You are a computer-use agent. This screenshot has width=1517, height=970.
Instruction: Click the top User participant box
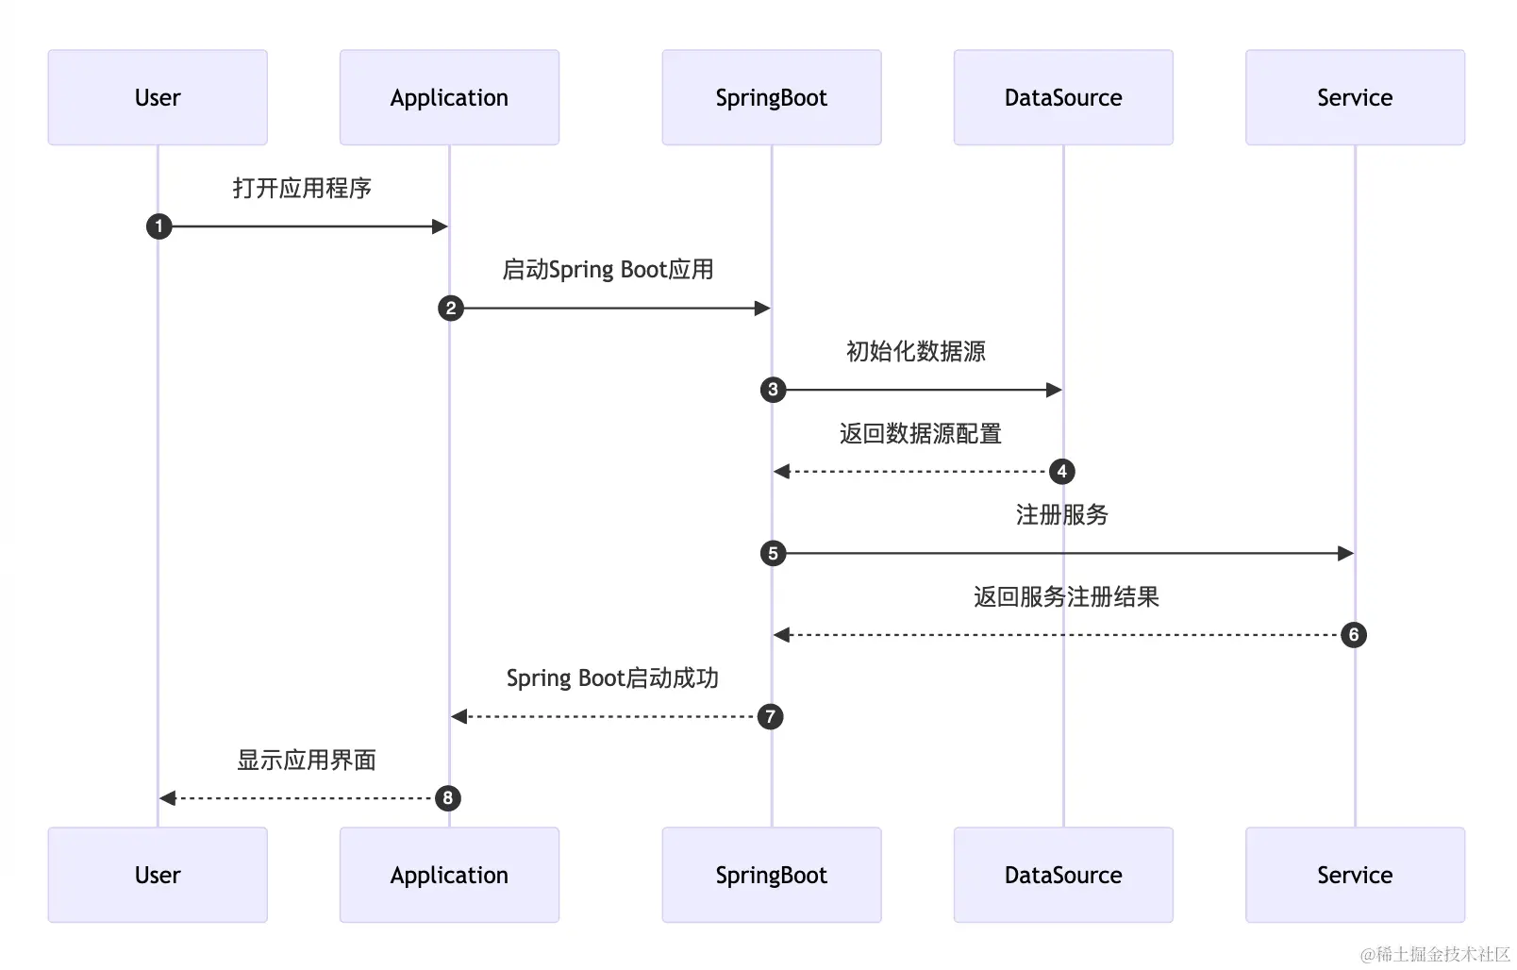pos(158,97)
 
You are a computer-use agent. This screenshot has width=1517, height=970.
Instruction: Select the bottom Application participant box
pos(450,875)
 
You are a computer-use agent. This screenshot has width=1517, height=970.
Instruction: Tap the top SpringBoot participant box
pos(772,97)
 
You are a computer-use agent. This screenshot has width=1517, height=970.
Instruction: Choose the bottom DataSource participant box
pos(1064,875)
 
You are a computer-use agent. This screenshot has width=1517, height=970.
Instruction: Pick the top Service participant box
pos(1355,97)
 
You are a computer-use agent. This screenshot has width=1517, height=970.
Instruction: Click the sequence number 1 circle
pos(159,226)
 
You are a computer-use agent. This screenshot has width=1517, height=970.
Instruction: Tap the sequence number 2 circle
pos(451,309)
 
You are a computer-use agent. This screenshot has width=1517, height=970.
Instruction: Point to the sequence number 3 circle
pos(774,390)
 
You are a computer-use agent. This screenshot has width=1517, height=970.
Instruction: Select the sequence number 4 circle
pos(1062,472)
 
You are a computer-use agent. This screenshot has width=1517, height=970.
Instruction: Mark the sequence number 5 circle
pos(774,554)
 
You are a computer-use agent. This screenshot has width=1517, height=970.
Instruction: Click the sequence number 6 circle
pos(1354,635)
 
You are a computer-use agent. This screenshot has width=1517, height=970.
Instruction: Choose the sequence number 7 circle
pos(770,717)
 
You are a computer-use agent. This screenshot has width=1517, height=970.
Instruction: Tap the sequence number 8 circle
pos(448,798)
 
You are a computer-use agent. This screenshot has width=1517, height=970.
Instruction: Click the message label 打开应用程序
pos(302,188)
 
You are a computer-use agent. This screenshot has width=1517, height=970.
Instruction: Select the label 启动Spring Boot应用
pos(608,270)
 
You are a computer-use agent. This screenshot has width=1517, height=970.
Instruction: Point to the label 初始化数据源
pos(916,351)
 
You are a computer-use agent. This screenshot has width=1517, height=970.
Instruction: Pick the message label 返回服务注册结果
pos(1067,596)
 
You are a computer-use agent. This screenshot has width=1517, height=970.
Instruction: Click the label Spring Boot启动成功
pos(612,678)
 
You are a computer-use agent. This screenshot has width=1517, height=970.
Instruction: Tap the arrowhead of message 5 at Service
pos(1345,554)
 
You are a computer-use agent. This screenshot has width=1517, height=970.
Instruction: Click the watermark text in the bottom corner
pos(1435,954)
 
